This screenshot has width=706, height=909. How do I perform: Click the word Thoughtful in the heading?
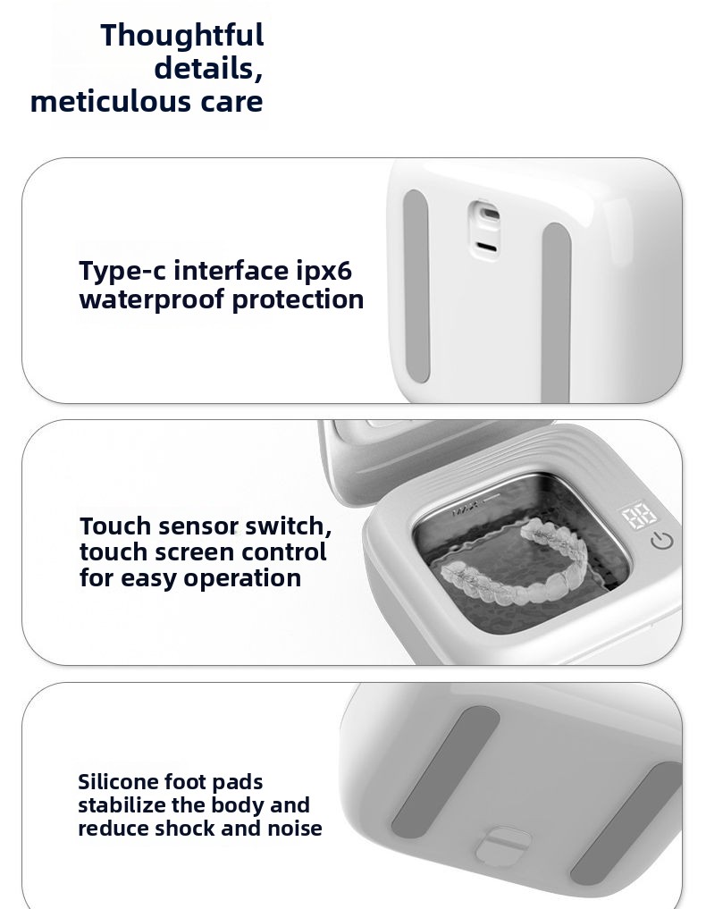coord(182,36)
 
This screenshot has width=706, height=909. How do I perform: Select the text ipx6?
coord(324,272)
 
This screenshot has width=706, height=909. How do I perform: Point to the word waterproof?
coord(152,300)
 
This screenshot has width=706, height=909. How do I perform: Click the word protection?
coord(298,300)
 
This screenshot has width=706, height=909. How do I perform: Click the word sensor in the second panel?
coord(198,526)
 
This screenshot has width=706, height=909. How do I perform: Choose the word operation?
coord(242,579)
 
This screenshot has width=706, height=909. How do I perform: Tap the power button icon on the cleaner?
coord(662,540)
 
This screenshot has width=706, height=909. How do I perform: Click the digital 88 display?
coord(639,516)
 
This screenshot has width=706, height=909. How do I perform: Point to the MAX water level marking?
coord(466,510)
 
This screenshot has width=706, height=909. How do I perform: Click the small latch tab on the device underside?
coord(503,846)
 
